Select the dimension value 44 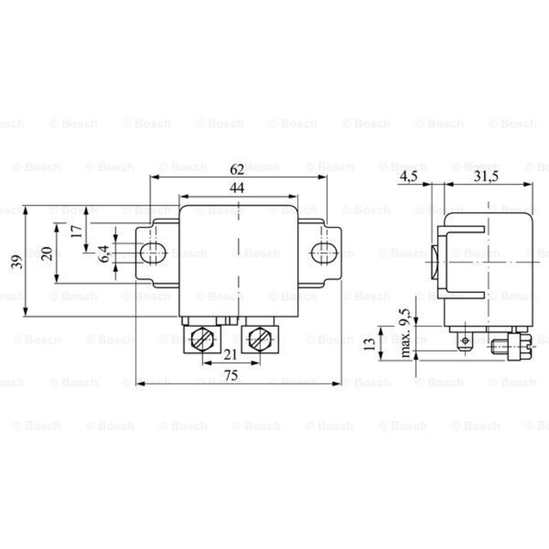pyautogui.click(x=237, y=188)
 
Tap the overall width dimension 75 pyautogui.click(x=231, y=376)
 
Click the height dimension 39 pyautogui.click(x=17, y=262)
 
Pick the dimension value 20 pyautogui.click(x=47, y=253)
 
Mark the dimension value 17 pyautogui.click(x=77, y=230)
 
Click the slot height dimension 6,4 pyautogui.click(x=104, y=253)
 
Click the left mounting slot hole pyautogui.click(x=153, y=253)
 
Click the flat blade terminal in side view pyautogui.click(x=465, y=341)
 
